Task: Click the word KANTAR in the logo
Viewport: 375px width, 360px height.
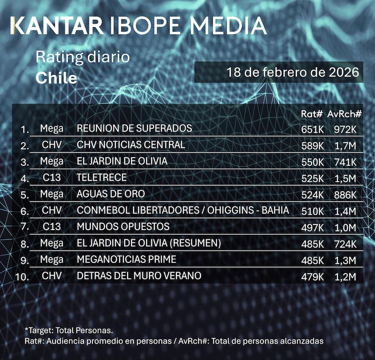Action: (x=57, y=26)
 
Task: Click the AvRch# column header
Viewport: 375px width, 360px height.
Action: (x=345, y=114)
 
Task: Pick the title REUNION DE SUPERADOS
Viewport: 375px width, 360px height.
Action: (x=135, y=129)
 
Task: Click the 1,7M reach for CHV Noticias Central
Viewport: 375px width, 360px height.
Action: (x=345, y=146)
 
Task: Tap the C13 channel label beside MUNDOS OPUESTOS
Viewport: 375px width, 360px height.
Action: (x=51, y=227)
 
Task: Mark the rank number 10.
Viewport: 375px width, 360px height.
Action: (x=22, y=276)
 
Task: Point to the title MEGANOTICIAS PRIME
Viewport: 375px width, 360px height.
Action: (x=126, y=260)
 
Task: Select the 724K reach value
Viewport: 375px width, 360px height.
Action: (x=345, y=244)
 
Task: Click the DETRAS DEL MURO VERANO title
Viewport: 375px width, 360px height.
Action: (x=139, y=276)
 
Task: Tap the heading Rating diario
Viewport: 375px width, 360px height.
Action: (x=82, y=58)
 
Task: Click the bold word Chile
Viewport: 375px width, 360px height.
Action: (x=56, y=77)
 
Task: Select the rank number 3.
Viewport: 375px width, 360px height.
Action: (x=25, y=162)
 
